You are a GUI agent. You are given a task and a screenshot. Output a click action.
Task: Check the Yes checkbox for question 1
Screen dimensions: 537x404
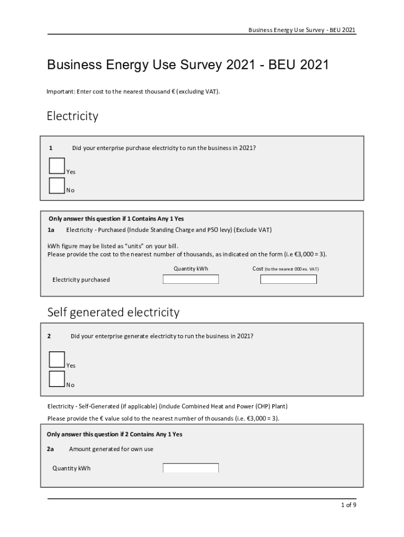pyautogui.click(x=57, y=166)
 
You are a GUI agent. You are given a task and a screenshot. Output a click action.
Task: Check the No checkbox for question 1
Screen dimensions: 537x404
pyautogui.click(x=57, y=186)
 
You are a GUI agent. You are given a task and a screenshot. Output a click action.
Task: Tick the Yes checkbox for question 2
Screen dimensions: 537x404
pyautogui.click(x=57, y=360)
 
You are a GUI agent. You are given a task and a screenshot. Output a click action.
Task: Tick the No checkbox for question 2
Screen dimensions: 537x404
pyautogui.click(x=57, y=379)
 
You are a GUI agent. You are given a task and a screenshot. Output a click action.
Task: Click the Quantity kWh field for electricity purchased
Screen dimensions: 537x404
pyautogui.click(x=190, y=280)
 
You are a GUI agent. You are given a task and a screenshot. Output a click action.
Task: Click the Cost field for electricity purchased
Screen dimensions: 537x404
pyautogui.click(x=289, y=280)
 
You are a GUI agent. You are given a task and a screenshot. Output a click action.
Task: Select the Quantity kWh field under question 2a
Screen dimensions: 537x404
pyautogui.click(x=190, y=468)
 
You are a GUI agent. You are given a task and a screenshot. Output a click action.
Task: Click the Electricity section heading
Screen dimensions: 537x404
pyautogui.click(x=72, y=116)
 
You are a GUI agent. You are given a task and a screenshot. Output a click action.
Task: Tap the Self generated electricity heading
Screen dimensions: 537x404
pyautogui.click(x=113, y=313)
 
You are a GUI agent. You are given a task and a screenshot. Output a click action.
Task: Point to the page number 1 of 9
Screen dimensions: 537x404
pyautogui.click(x=348, y=506)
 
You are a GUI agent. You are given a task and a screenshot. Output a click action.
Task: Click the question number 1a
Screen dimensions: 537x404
pyautogui.click(x=51, y=230)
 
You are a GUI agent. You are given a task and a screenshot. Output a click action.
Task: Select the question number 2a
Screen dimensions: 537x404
pyautogui.click(x=50, y=449)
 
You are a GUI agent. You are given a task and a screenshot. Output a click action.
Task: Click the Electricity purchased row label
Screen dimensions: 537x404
pyautogui.click(x=81, y=280)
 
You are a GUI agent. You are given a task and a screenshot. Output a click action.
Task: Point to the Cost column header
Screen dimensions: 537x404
pyautogui.click(x=258, y=268)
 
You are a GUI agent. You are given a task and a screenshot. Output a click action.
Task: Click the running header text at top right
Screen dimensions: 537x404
pyautogui.click(x=302, y=30)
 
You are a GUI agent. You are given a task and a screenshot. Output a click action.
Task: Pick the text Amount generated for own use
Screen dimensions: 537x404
pyautogui.click(x=111, y=449)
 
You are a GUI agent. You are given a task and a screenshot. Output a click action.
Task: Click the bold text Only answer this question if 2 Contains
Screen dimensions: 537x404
pyautogui.click(x=105, y=434)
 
